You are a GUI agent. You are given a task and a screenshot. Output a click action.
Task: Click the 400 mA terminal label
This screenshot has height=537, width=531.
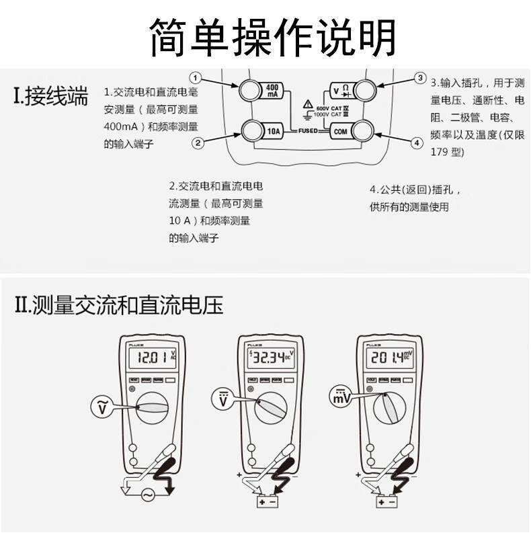click(272, 91)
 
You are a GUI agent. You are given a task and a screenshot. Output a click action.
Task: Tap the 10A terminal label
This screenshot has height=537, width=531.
click(274, 130)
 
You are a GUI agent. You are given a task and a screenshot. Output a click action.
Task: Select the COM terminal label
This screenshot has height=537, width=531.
click(340, 131)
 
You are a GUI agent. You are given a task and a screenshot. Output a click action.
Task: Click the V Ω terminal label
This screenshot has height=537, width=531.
click(341, 90)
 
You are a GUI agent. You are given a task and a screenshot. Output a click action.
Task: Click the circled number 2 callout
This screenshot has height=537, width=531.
click(198, 142)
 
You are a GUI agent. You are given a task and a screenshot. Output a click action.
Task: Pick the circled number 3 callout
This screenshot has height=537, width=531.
click(419, 78)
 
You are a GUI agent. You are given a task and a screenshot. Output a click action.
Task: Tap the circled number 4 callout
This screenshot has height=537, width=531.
click(417, 142)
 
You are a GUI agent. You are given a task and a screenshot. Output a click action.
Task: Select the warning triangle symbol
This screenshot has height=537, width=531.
click(307, 104)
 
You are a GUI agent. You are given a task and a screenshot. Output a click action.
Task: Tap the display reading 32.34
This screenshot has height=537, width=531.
click(270, 358)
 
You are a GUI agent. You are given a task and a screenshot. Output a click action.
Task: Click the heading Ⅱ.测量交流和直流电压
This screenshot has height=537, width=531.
click(119, 306)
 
